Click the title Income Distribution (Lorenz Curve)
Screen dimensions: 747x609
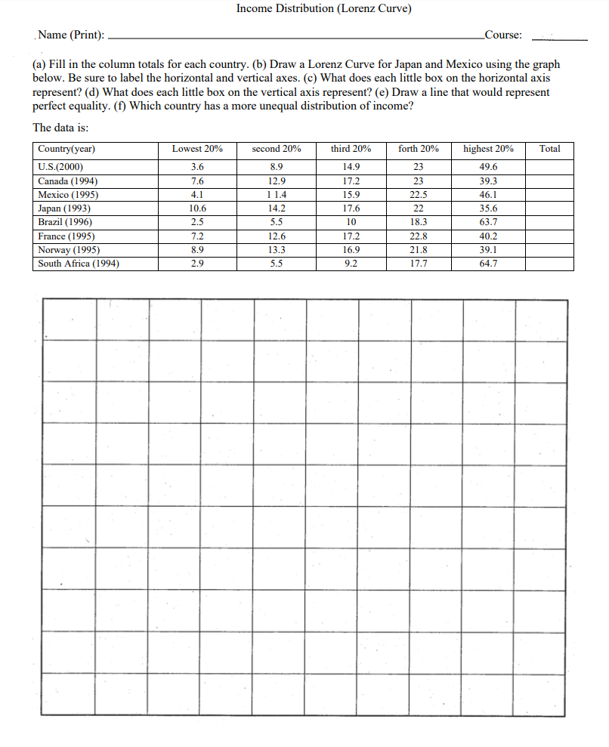click(x=323, y=9)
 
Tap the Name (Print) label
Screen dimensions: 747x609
click(x=71, y=35)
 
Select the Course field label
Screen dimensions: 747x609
click(x=503, y=35)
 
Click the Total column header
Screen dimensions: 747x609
click(x=549, y=149)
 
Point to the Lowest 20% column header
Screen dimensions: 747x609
click(x=197, y=149)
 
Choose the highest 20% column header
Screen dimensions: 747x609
click(x=488, y=149)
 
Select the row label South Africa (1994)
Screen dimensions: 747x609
click(x=78, y=264)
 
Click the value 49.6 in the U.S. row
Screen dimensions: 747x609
click(x=488, y=168)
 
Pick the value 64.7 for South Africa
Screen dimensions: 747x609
click(x=488, y=264)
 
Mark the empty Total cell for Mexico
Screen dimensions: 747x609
click(x=549, y=195)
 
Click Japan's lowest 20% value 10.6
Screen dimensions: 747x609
click(x=197, y=209)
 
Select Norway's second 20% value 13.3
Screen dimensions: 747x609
click(x=277, y=250)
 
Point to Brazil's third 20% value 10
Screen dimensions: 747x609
click(x=351, y=223)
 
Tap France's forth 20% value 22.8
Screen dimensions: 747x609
click(x=418, y=236)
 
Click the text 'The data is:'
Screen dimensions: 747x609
click(x=60, y=127)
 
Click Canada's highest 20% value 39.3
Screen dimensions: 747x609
click(x=488, y=181)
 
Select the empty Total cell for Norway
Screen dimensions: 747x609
click(x=549, y=250)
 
